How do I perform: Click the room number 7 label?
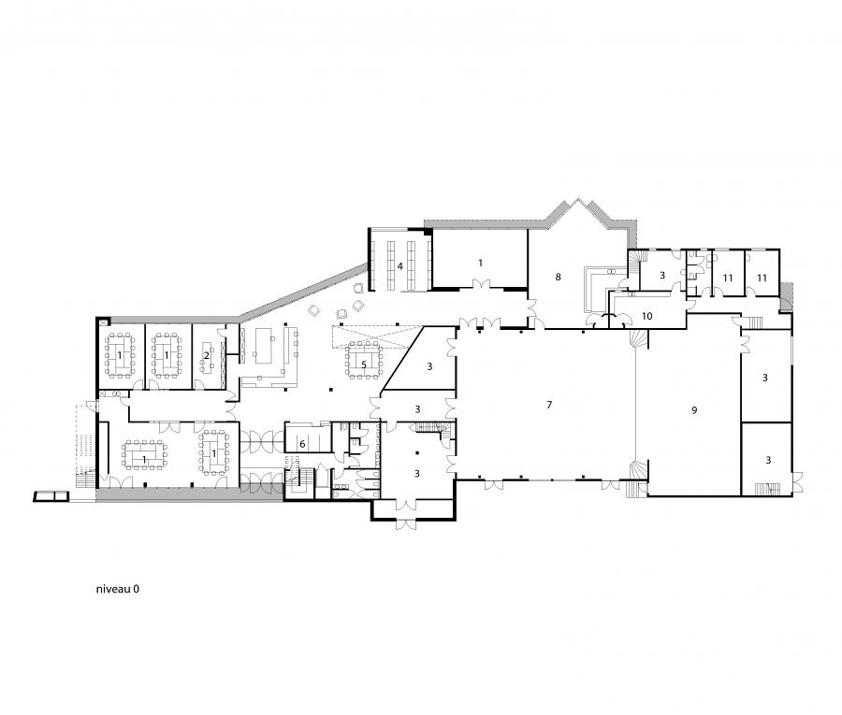click(549, 405)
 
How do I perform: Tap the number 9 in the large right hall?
click(694, 410)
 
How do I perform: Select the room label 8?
click(558, 277)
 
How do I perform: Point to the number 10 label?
click(647, 316)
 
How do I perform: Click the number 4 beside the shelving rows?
click(400, 266)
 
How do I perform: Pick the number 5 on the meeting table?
click(364, 365)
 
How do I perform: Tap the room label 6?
click(302, 444)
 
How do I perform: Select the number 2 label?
click(206, 355)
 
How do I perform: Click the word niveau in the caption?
click(113, 589)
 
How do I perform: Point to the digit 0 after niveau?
click(137, 589)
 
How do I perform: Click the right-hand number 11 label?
click(762, 278)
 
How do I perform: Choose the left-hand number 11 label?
click(728, 278)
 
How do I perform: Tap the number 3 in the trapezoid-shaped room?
click(429, 366)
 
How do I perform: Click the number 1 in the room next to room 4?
click(480, 263)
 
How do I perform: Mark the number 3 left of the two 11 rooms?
click(662, 275)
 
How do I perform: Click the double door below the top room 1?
click(481, 284)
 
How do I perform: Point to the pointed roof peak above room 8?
click(578, 199)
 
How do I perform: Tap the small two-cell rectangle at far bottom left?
click(51, 496)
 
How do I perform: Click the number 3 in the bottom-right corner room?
click(768, 460)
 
